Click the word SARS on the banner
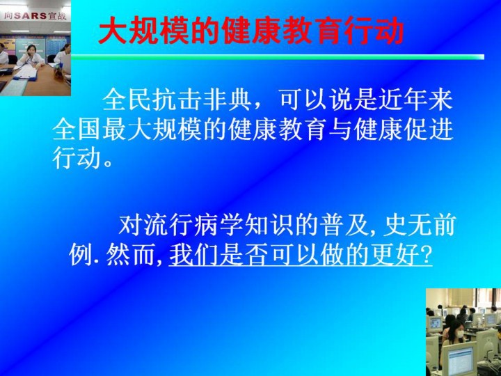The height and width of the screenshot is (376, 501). pos(31,15)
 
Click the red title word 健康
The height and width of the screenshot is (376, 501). pos(251,31)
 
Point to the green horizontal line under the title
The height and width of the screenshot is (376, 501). pos(278,57)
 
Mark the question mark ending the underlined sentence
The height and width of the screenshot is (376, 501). pos(426,256)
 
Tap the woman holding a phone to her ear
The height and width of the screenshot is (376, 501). pos(31,56)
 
